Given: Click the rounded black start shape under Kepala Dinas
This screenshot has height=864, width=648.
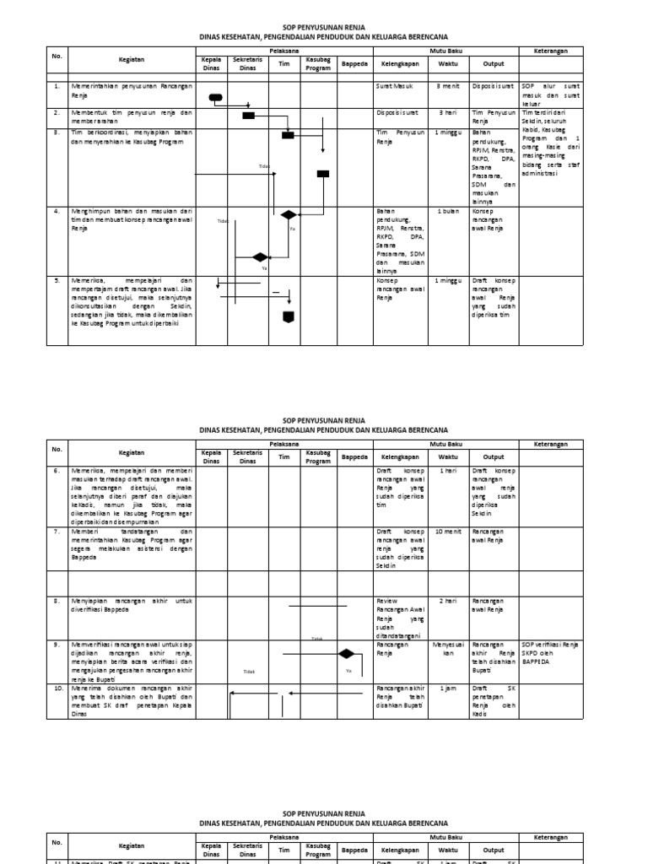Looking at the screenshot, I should [215, 98].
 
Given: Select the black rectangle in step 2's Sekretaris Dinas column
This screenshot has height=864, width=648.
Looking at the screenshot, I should [249, 116].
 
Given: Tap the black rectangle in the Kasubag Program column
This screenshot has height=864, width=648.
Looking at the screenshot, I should [322, 174].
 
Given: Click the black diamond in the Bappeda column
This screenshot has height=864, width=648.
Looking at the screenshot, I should [345, 653].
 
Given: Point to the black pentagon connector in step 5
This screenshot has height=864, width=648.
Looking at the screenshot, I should [288, 316].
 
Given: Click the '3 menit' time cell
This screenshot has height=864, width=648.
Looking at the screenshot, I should [447, 86].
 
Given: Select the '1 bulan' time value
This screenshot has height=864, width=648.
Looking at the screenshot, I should [447, 211].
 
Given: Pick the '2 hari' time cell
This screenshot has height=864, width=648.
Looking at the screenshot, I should [447, 601].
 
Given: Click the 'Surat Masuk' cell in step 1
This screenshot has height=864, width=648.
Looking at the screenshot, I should [393, 86].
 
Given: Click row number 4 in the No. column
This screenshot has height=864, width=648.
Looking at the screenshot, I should [57, 211].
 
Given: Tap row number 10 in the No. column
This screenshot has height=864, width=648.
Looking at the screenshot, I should [57, 688].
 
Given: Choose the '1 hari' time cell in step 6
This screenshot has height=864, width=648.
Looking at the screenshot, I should [447, 470].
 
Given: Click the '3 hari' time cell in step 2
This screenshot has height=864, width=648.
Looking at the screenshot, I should [447, 112].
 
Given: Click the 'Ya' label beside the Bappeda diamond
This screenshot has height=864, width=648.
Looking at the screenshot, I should [348, 671].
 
